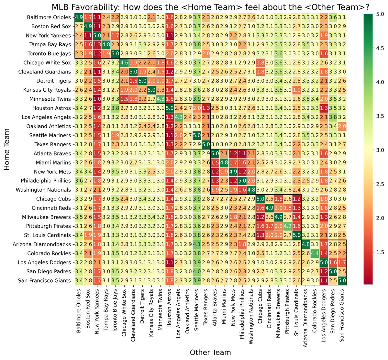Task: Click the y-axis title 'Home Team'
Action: (x=7, y=149)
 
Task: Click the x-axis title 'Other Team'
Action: (x=210, y=352)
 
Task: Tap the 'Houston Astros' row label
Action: (x=52, y=108)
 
